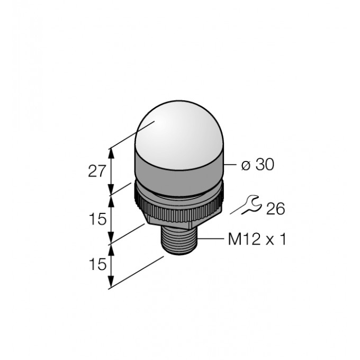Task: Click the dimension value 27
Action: [97, 171]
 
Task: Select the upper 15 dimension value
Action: [98, 219]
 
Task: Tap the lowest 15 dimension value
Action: [98, 264]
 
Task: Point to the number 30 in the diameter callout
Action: [265, 165]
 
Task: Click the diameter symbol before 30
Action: [246, 166]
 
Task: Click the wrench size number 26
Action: [275, 209]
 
